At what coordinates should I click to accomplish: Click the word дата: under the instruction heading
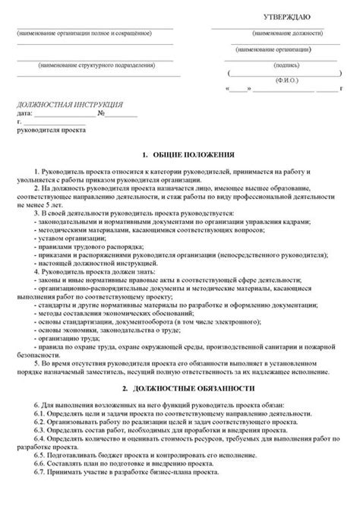[x=25, y=113]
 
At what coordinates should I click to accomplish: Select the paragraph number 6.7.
[x=41, y=472]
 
